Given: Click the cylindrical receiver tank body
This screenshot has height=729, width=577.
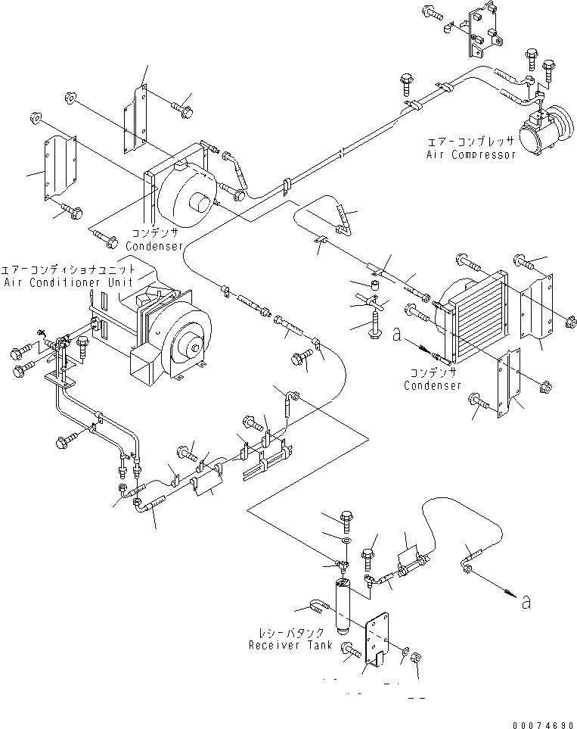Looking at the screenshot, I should pos(343,605).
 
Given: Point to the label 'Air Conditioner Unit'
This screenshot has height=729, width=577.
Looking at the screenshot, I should pos(70,282).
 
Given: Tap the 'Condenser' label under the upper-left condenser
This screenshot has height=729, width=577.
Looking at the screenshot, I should pos(154,247).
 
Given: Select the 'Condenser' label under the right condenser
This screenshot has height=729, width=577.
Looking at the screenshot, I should pos(433,385).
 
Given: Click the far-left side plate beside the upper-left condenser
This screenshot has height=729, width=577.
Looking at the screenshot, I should pos(59,169).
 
